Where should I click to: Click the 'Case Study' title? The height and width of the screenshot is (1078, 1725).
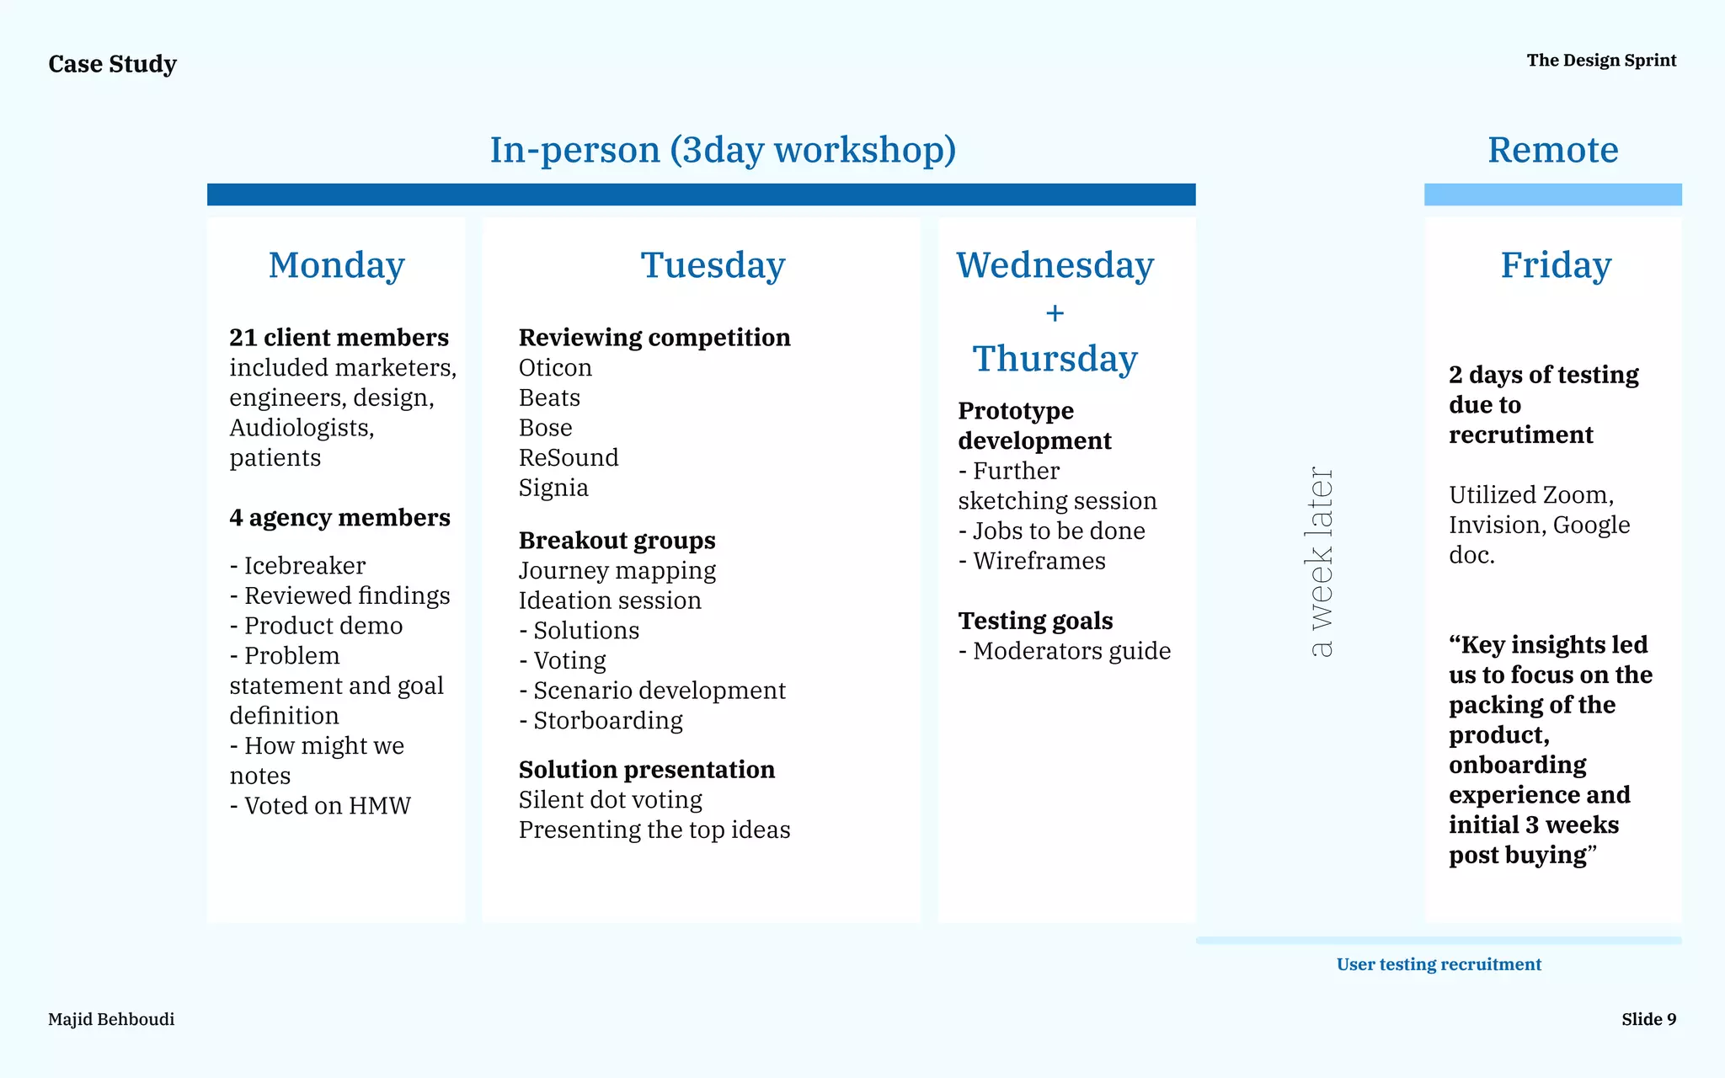click(112, 64)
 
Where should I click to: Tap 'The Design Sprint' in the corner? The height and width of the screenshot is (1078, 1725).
click(1601, 61)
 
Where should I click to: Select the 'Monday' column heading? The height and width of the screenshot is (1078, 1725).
click(336, 265)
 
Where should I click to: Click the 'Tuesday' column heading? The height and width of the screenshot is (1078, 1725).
click(713, 265)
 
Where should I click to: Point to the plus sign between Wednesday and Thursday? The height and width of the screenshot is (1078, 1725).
click(1055, 313)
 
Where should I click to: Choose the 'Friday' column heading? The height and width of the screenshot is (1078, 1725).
click(1555, 265)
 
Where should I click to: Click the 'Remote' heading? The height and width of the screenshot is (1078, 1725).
click(1552, 150)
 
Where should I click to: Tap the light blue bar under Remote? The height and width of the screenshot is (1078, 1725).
click(1552, 195)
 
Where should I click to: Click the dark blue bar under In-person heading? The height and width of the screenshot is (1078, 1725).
click(701, 195)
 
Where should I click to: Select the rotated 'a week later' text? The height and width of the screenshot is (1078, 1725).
click(1321, 562)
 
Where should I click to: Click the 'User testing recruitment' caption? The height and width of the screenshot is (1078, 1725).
click(1439, 964)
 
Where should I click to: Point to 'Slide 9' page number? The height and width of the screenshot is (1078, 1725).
click(1648, 1019)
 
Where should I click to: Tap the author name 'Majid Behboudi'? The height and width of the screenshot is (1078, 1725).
click(111, 1019)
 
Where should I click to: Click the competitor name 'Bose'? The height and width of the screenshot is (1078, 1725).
click(545, 428)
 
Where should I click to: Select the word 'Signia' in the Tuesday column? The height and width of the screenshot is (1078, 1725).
click(553, 488)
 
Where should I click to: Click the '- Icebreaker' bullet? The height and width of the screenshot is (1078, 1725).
click(297, 566)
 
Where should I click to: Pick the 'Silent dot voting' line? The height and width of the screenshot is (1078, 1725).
click(610, 800)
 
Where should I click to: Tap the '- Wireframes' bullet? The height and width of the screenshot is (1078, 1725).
click(1032, 561)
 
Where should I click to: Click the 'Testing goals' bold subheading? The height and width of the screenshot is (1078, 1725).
click(1035, 621)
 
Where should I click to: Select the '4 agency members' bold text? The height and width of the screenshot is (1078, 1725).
click(339, 518)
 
